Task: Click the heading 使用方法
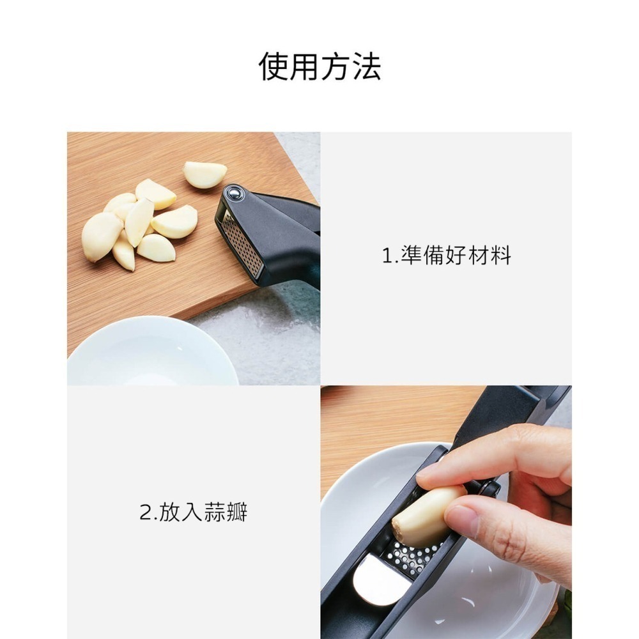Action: pyautogui.click(x=319, y=66)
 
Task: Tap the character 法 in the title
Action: pyautogui.click(x=366, y=66)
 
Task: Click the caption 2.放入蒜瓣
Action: pyautogui.click(x=193, y=512)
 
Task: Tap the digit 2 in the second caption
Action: pyautogui.click(x=144, y=512)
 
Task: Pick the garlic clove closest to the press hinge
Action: pyautogui.click(x=204, y=174)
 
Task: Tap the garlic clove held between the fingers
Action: pyautogui.click(x=425, y=514)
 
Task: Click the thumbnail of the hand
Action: pyautogui.click(x=462, y=521)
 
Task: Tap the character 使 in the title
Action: pyautogui.click(x=273, y=66)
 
